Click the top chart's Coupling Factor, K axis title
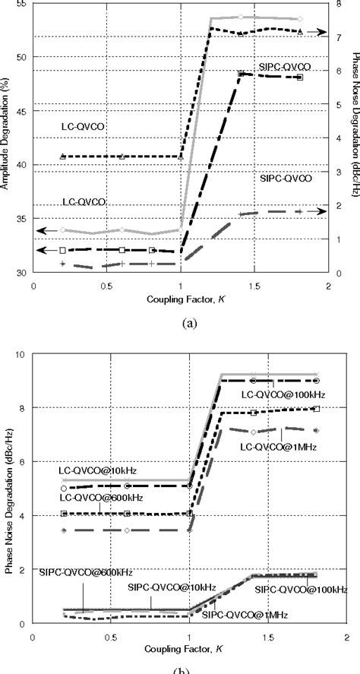pyautogui.click(x=181, y=299)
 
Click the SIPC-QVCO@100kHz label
pyautogui.click(x=301, y=589)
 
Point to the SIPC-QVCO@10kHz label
pyautogui.click(x=157, y=588)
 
